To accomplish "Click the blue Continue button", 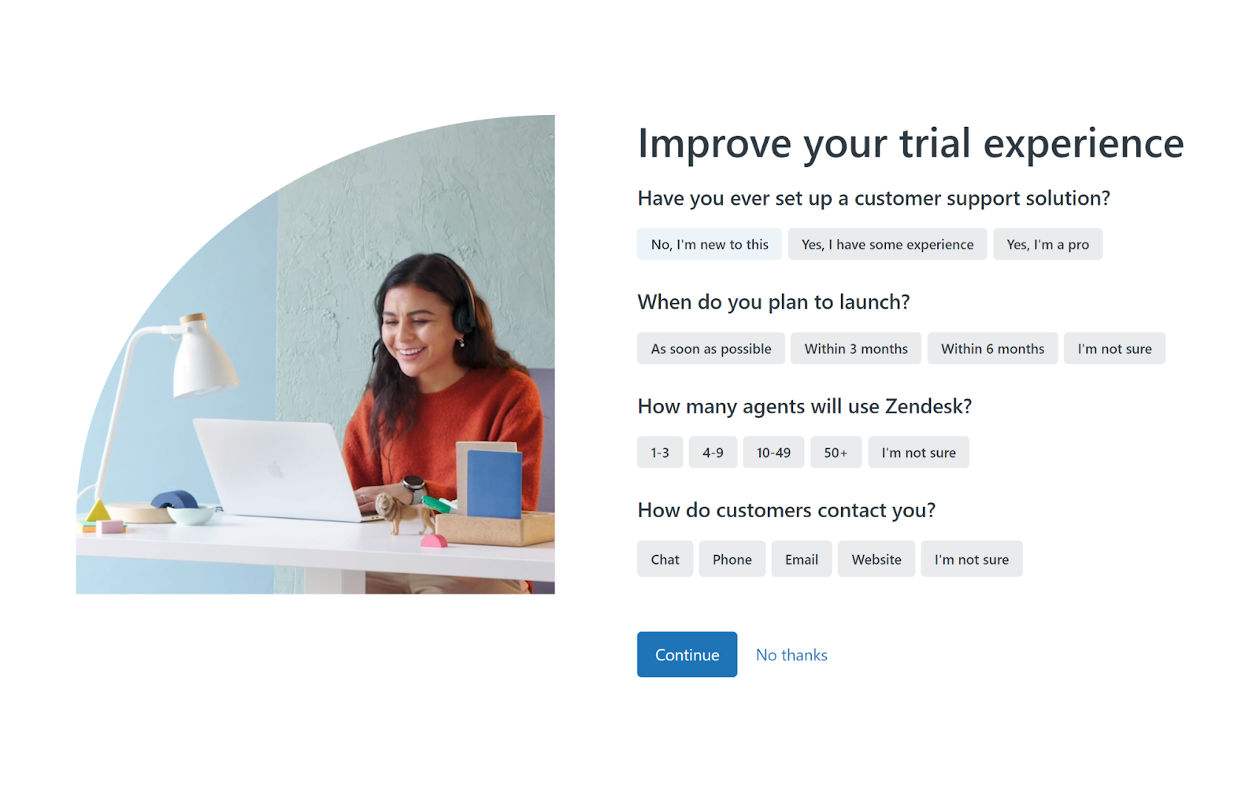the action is point(687,654).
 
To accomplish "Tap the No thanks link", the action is point(791,655).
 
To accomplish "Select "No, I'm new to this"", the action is point(710,244).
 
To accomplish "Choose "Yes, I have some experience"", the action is point(888,244).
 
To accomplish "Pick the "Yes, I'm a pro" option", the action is point(1048,244).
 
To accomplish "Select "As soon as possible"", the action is point(711,348).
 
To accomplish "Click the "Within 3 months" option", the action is point(856,348).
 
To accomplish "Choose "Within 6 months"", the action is point(993,348).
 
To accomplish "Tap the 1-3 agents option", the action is point(660,452).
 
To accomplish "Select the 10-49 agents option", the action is point(773,452).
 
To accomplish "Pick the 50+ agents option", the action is point(836,452).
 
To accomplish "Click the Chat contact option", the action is point(665,559).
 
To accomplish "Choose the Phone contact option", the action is point(732,559).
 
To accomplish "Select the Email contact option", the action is point(802,559).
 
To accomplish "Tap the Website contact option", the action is point(876,559).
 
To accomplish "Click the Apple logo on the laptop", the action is point(275,468).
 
